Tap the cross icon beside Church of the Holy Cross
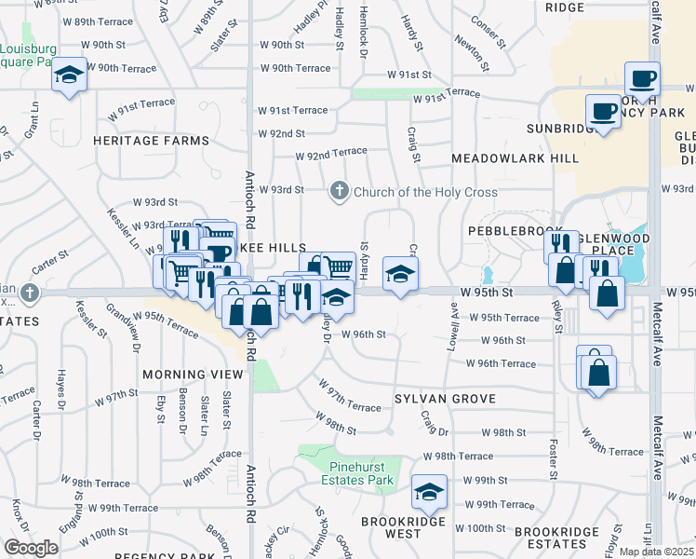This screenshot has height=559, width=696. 340,192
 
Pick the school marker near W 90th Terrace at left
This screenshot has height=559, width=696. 69,75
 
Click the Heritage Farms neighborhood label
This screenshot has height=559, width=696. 151,141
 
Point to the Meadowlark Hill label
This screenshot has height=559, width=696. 515,158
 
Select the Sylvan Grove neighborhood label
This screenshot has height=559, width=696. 443,399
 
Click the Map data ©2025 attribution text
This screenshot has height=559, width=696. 656,552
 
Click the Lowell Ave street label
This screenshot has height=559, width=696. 456,331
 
